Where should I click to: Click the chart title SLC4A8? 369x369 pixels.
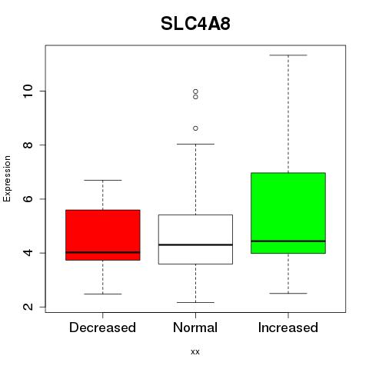click(195, 24)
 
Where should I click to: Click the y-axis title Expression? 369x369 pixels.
click(7, 178)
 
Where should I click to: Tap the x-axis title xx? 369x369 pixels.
click(195, 351)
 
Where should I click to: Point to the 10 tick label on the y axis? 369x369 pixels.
click(28, 91)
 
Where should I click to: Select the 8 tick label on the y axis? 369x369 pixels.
click(28, 145)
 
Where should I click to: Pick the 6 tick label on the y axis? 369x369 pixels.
click(28, 199)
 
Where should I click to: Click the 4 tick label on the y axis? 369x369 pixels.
click(28, 253)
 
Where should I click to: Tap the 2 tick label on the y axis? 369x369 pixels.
click(28, 307)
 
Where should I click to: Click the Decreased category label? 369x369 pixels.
click(102, 327)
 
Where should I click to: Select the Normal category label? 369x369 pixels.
click(195, 327)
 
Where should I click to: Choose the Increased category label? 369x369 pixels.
click(288, 327)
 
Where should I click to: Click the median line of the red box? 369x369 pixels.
click(103, 252)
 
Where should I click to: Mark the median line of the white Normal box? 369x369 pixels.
click(195, 244)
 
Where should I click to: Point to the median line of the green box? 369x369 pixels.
click(288, 241)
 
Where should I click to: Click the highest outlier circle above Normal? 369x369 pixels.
click(195, 91)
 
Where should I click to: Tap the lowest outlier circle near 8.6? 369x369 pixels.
click(195, 128)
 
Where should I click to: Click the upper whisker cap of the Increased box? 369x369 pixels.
click(288, 55)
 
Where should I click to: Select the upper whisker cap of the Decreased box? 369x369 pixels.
click(103, 180)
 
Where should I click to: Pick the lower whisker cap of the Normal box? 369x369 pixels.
click(195, 302)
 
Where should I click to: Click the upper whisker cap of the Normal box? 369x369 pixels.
click(195, 144)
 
